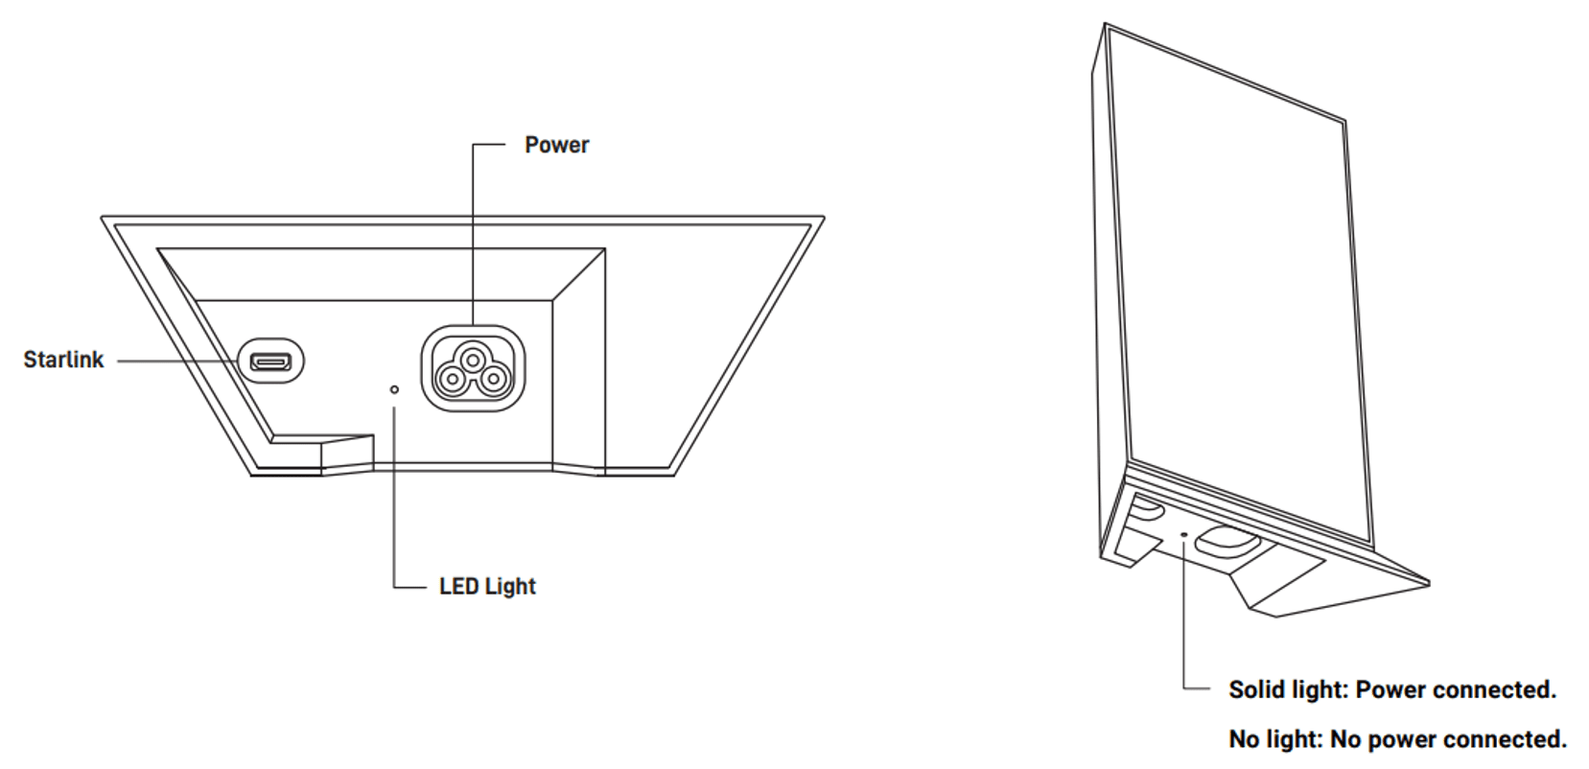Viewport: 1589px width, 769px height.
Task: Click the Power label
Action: pos(557,145)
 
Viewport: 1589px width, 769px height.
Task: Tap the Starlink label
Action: pos(64,360)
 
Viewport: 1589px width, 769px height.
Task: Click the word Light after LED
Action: pos(510,587)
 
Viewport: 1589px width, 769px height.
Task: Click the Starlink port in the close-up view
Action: pos(270,361)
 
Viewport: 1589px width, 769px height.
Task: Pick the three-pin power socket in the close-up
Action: pos(473,368)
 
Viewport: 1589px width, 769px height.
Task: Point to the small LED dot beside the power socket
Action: pos(394,389)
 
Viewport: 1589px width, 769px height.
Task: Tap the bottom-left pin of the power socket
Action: pos(451,381)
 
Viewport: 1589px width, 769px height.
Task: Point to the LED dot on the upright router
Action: pos(1183,534)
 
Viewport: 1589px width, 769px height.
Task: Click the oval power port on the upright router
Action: pos(1227,542)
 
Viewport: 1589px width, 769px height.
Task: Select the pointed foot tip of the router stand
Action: pos(1427,584)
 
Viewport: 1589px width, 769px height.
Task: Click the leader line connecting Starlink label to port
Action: pos(177,361)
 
